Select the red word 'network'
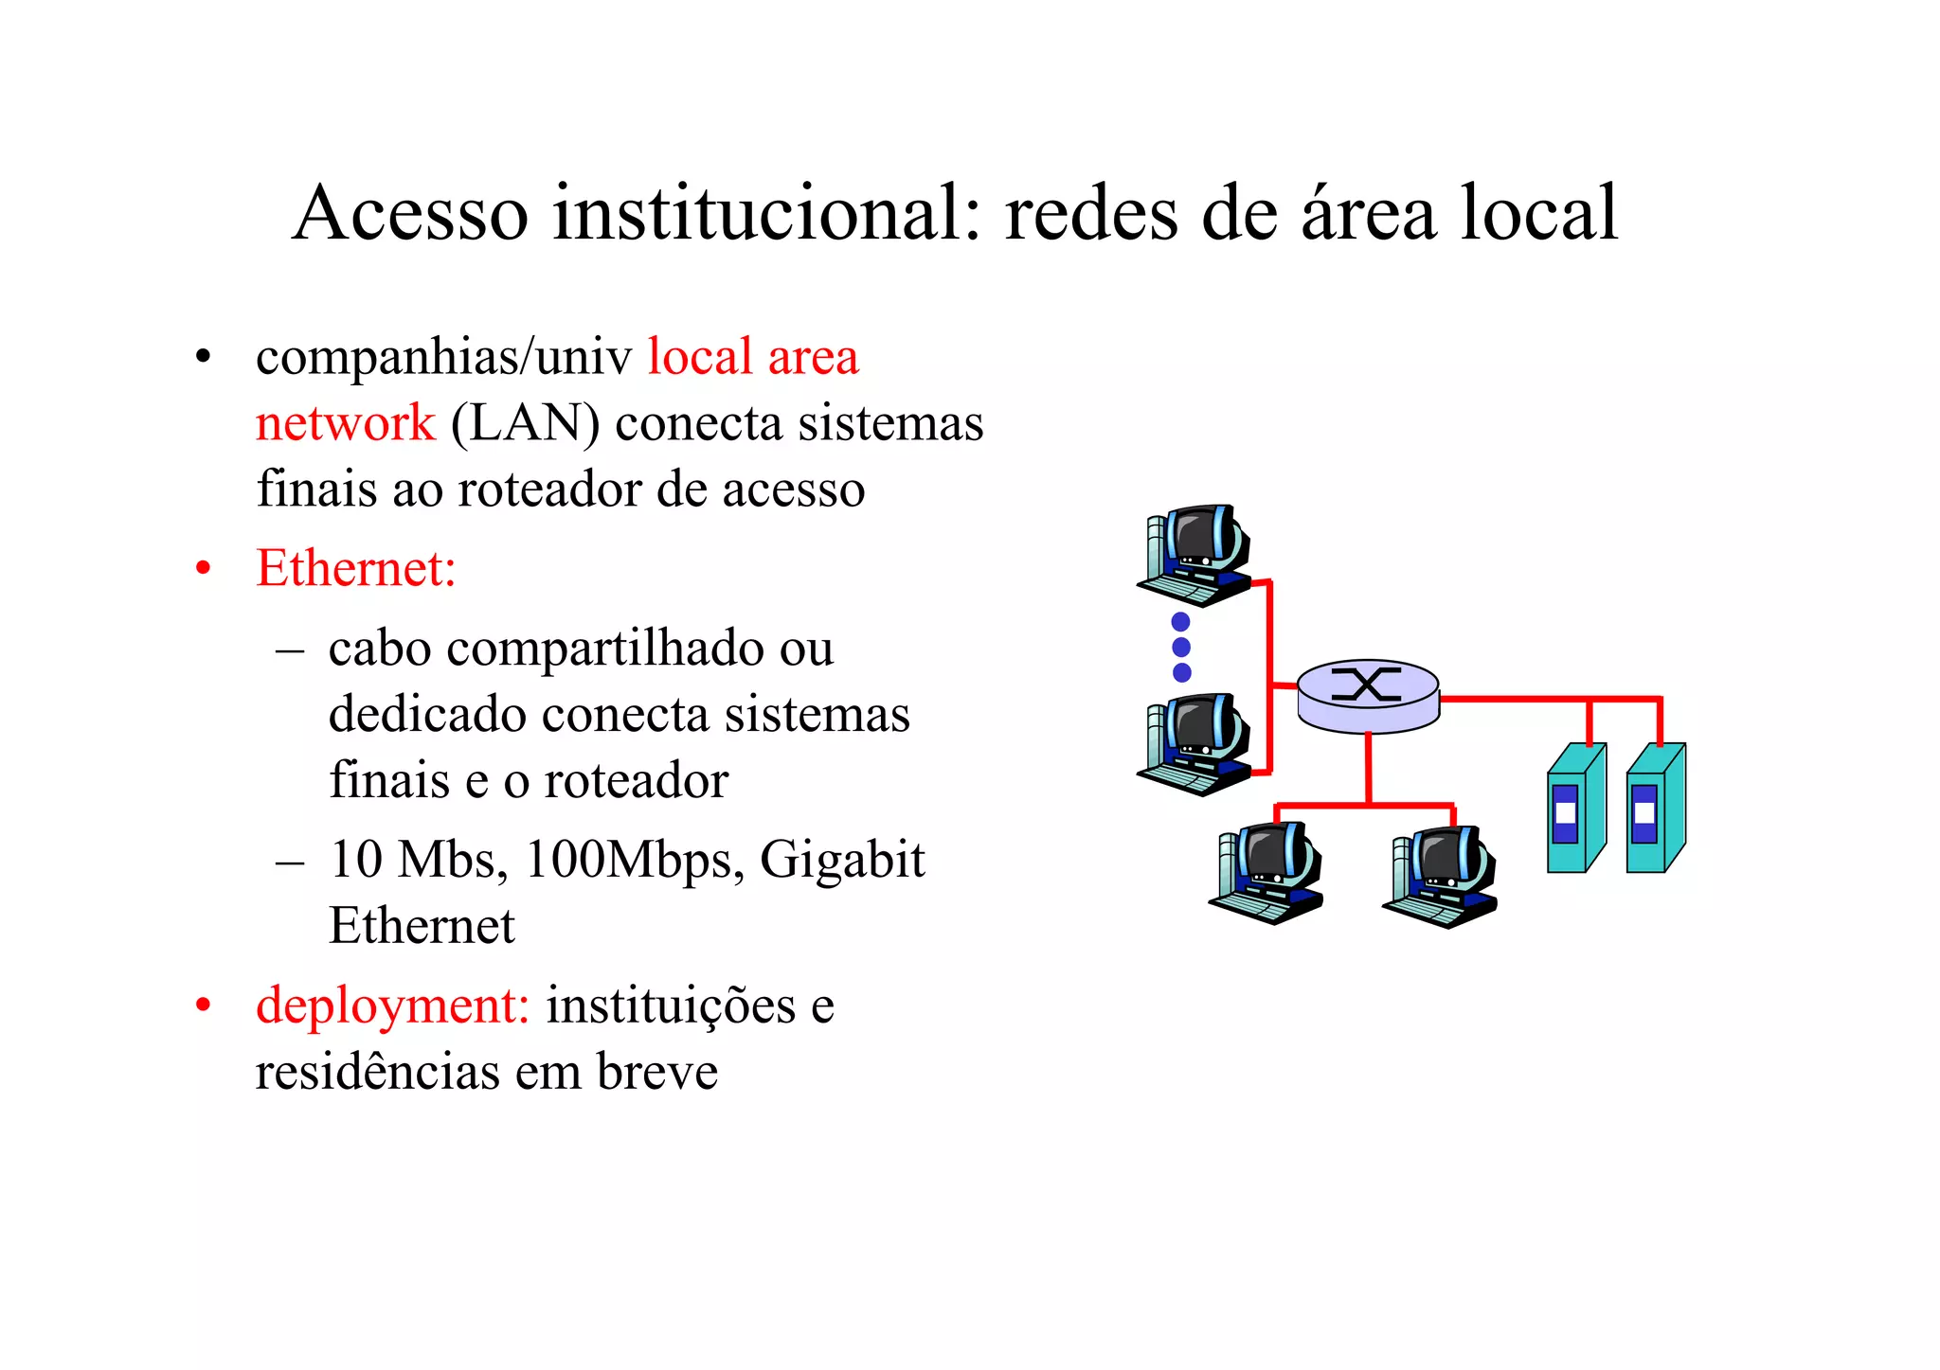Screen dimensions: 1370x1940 pos(345,423)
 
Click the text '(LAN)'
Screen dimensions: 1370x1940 pos(525,423)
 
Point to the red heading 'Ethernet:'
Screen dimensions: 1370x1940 pos(356,569)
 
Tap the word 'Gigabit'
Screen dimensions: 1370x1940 pos(841,861)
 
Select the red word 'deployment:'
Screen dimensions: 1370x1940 pos(392,1005)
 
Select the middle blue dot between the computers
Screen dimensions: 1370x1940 pos(1181,648)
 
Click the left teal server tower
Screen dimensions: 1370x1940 pos(1574,808)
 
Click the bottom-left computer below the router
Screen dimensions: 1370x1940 pos(1267,873)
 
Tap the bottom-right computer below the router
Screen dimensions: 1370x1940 pos(1441,877)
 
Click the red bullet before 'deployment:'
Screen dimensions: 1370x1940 pos(203,1005)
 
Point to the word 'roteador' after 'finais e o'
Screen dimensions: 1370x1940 pos(635,782)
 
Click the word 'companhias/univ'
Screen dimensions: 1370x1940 pos(443,358)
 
